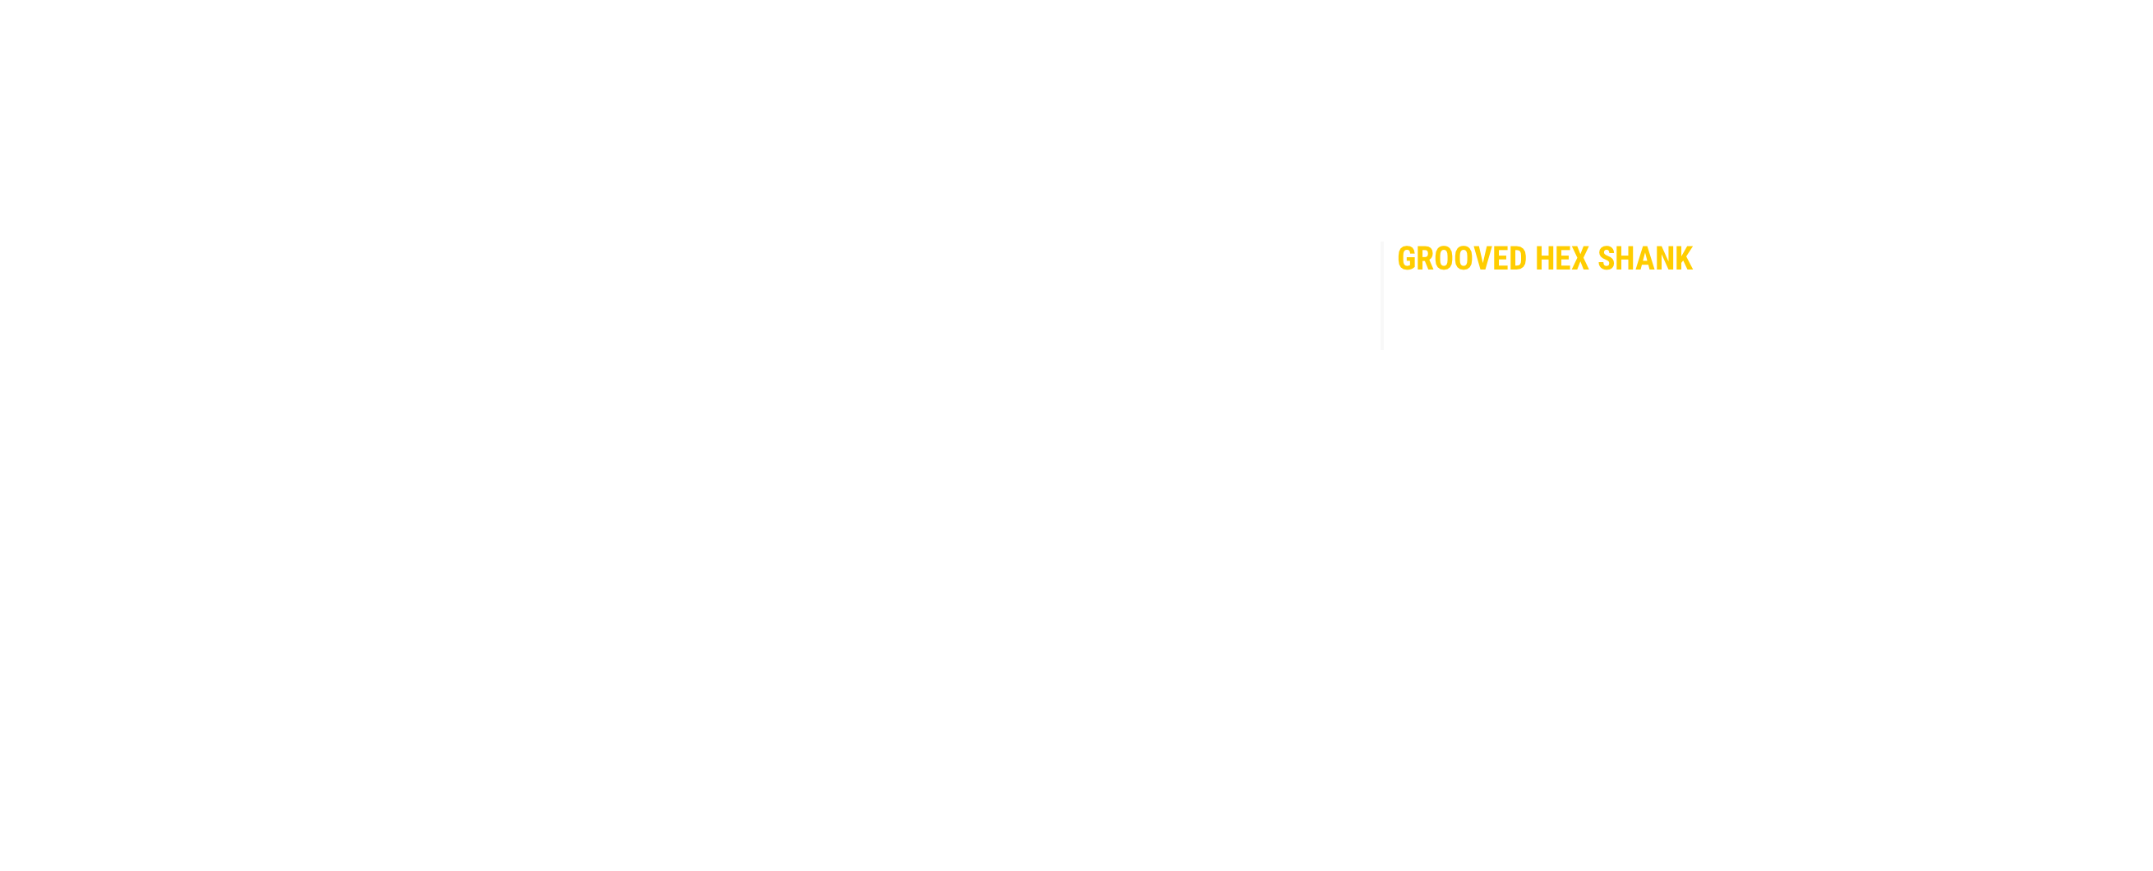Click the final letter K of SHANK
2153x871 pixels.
click(1680, 258)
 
